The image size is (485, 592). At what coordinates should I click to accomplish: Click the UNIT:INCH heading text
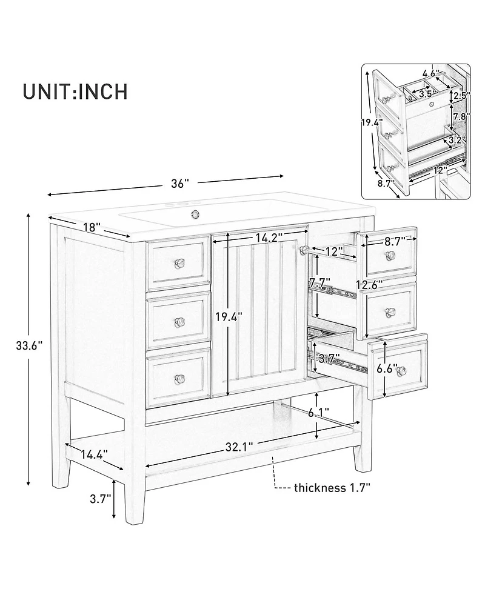point(75,91)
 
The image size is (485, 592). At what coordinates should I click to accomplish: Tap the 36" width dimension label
point(179,182)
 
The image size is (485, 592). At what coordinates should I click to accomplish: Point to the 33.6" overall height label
point(28,346)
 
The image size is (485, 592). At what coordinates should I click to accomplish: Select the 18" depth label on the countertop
point(90,227)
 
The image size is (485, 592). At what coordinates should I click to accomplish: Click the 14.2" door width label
point(266,238)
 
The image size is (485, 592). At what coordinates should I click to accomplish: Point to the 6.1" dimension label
point(318,413)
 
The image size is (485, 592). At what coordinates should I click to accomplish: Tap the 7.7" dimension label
point(320,283)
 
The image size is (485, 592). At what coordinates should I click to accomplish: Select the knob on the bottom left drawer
point(179,379)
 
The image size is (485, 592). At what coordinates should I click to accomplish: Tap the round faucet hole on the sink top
point(195,213)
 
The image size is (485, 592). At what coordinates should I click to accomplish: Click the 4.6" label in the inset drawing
point(430,75)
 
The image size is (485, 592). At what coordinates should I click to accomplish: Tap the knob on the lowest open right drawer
point(401,371)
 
